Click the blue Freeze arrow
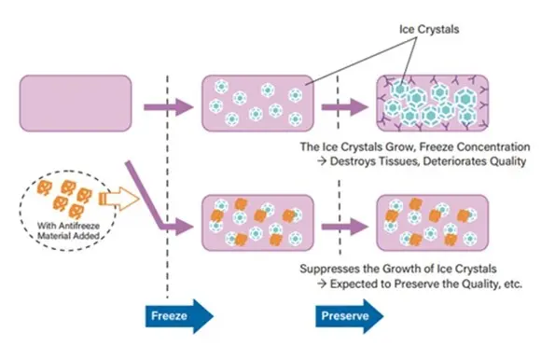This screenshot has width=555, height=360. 179,316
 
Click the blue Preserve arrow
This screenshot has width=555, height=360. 350,316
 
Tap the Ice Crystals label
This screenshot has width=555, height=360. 429,29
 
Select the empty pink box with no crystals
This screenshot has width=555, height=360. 76,103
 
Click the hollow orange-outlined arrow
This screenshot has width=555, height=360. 119,199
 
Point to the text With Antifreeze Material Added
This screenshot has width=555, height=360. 69,230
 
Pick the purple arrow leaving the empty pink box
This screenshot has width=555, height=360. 169,107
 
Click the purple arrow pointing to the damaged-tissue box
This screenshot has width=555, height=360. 345,107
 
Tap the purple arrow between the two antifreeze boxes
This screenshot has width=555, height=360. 345,227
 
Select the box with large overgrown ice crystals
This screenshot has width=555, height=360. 433,103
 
